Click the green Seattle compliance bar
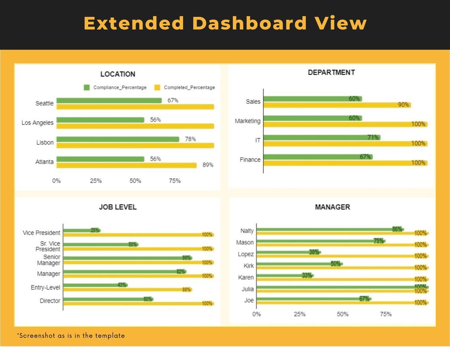coord(109,101)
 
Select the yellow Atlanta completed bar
coord(126,165)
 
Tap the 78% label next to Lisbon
coord(190,139)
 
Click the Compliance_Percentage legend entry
coord(115,88)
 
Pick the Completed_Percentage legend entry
coord(185,88)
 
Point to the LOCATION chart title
coord(118,74)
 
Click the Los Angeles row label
coord(37,123)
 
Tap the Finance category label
coord(250,160)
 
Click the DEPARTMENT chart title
coord(331,72)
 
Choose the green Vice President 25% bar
coord(81,230)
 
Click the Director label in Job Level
coord(50,301)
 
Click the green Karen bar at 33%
coord(284,276)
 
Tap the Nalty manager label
coord(247,231)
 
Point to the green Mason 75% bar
coord(320,241)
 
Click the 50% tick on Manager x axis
coord(343,314)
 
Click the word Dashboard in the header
coord(249,23)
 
